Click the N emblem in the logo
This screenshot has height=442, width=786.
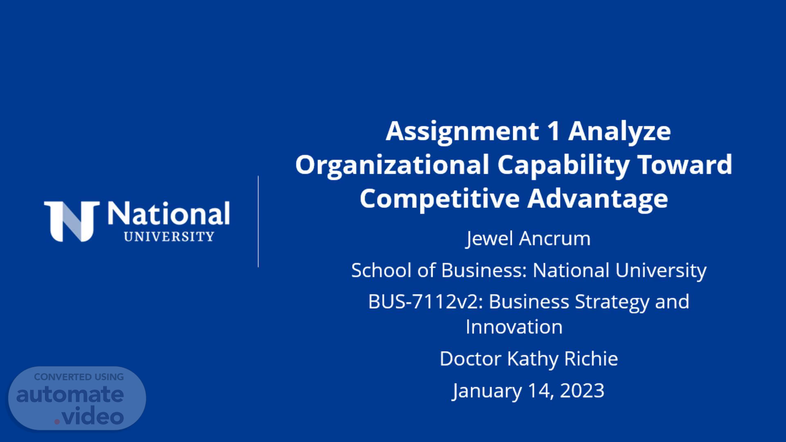pyautogui.click(x=72, y=221)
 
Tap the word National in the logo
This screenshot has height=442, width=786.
pyautogui.click(x=168, y=214)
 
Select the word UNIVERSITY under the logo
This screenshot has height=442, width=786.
pyautogui.click(x=169, y=237)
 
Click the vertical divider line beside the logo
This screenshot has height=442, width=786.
pyautogui.click(x=258, y=221)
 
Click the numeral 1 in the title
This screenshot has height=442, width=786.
pyautogui.click(x=553, y=131)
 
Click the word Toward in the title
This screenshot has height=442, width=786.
pyautogui.click(x=685, y=165)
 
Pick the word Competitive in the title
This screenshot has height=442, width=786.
pyautogui.click(x=440, y=198)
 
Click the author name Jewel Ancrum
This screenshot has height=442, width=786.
pyautogui.click(x=529, y=239)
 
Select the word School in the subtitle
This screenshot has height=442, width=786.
pyautogui.click(x=381, y=270)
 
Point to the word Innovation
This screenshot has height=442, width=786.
pyautogui.click(x=514, y=327)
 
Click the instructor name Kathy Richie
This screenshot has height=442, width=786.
pyautogui.click(x=562, y=359)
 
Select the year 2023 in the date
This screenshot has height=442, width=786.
pyautogui.click(x=582, y=390)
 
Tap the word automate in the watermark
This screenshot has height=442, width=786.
pyautogui.click(x=70, y=394)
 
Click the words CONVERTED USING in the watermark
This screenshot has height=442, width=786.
pyautogui.click(x=79, y=377)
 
